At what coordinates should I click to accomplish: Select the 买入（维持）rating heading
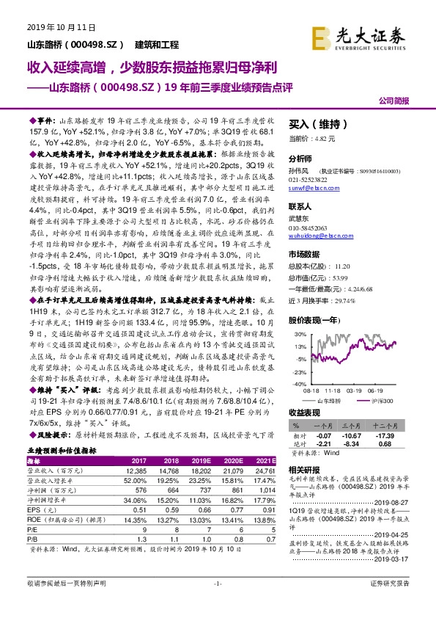point(319,125)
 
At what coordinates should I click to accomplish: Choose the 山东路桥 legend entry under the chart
point(330,401)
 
